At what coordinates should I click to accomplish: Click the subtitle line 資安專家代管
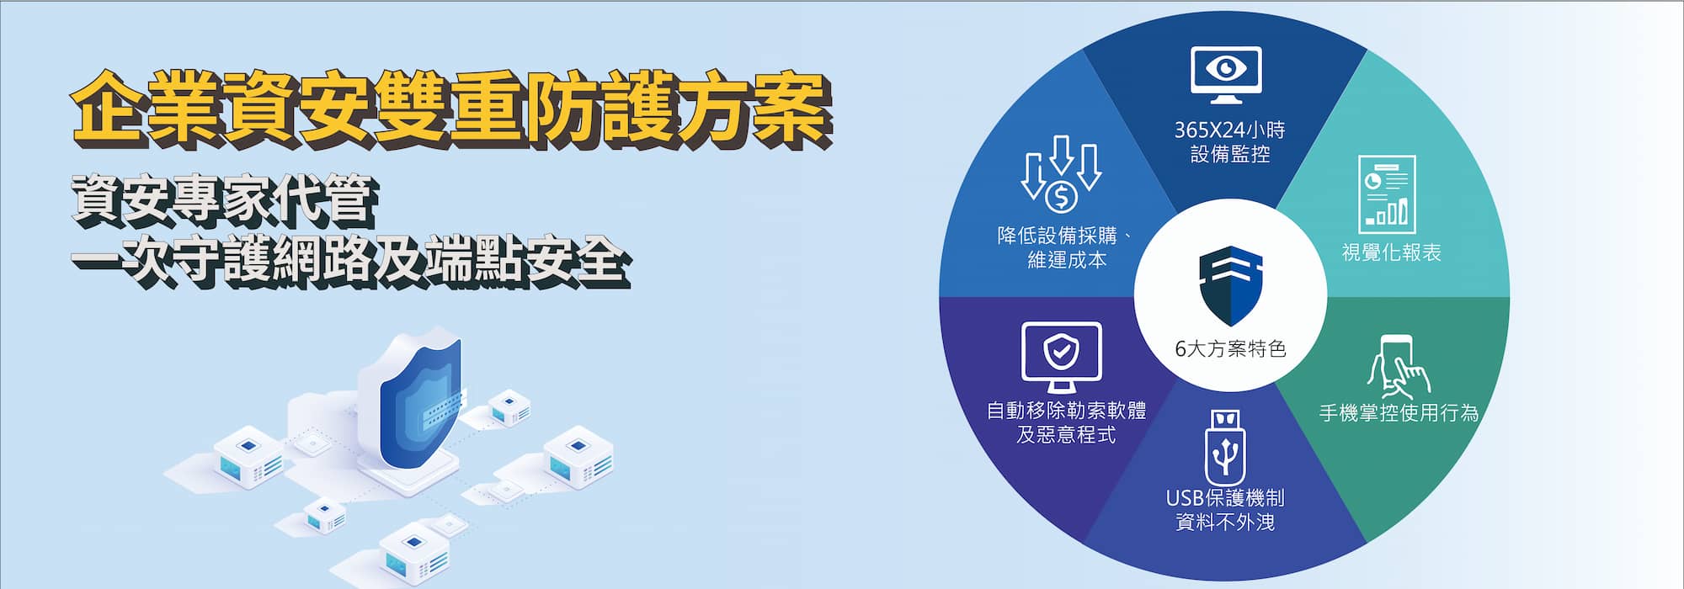tap(224, 200)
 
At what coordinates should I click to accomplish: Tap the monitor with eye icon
tap(1226, 75)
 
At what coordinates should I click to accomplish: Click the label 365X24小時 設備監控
tap(1229, 142)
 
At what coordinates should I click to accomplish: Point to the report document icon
tap(1387, 194)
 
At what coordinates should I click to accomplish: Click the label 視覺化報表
tap(1391, 252)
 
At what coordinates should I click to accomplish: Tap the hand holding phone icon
tap(1399, 367)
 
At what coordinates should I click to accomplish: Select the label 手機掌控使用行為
tap(1399, 413)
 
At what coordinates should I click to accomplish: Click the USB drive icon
tap(1226, 447)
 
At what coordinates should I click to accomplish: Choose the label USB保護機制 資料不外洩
tap(1225, 510)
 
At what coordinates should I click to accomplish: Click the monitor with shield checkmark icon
tap(1061, 357)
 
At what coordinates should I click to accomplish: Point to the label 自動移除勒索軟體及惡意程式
tap(1066, 422)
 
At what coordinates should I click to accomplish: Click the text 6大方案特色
tap(1230, 348)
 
